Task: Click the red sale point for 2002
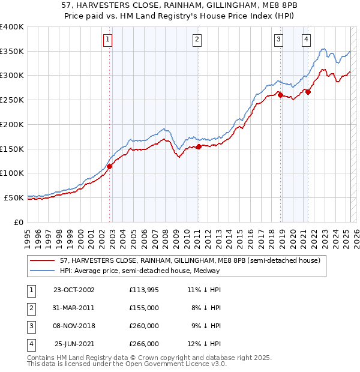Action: click(110, 167)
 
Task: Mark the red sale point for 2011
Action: click(199, 146)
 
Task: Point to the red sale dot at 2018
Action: click(280, 94)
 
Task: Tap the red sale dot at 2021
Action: click(308, 92)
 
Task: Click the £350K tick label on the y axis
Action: click(12, 51)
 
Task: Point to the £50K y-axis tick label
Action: click(14, 197)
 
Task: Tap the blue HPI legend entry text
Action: click(140, 271)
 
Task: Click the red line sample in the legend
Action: click(43, 260)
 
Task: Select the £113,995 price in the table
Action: click(143, 290)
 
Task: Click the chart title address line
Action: click(180, 5)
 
